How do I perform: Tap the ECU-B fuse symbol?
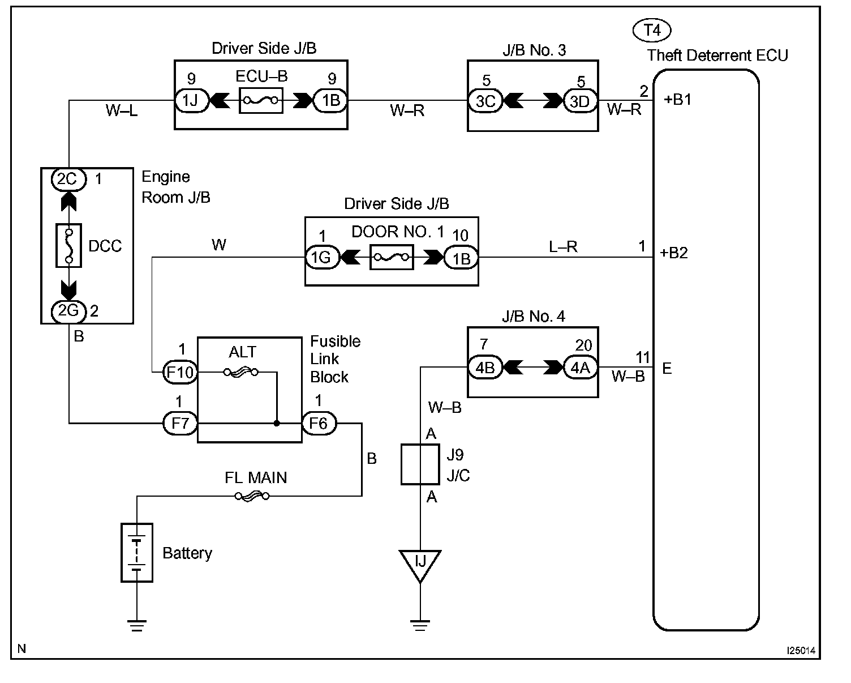coord(260,101)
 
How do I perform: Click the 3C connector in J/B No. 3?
coord(485,101)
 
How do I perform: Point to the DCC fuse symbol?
coord(69,245)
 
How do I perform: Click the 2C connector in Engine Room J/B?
coord(68,179)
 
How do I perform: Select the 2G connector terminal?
coord(68,310)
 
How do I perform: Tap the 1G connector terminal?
coord(322,258)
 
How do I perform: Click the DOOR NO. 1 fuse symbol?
coord(391,258)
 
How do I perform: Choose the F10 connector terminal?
coord(180,372)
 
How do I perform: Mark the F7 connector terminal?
coord(180,423)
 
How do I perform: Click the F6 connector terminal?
coord(319,423)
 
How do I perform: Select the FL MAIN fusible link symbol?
coord(252,497)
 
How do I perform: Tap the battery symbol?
coord(137,552)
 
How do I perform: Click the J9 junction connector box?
coord(420,464)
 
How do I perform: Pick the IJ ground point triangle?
coord(420,564)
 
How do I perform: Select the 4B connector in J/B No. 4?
coord(485,368)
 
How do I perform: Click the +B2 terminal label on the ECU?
coord(674,253)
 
